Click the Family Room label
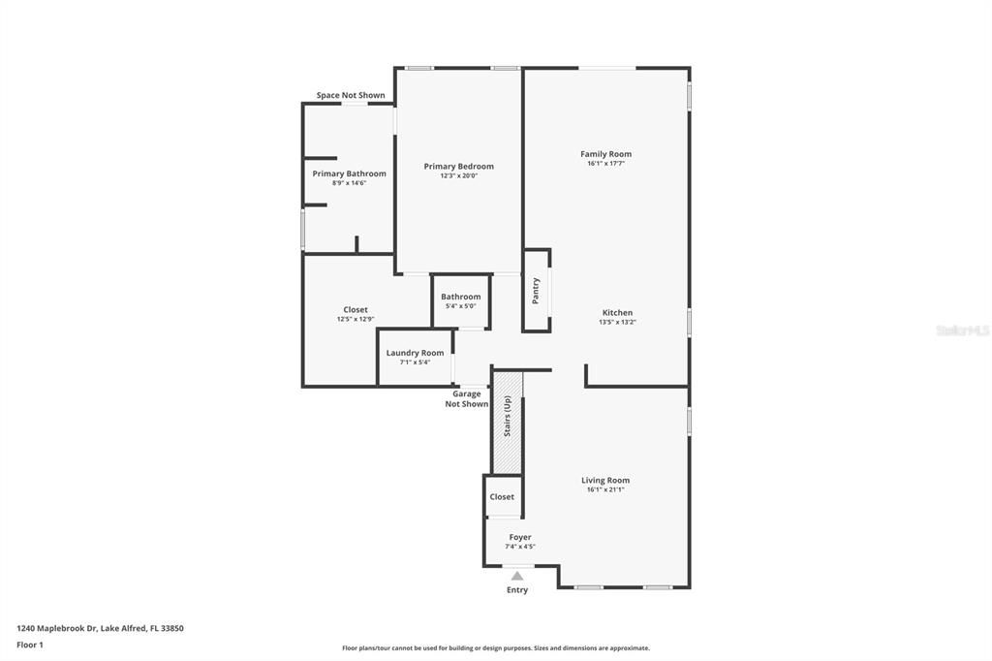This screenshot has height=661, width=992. (x=605, y=154)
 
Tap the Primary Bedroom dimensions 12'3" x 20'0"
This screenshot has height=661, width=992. (x=458, y=175)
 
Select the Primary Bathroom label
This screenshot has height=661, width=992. (x=349, y=173)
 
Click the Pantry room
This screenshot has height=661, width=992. (x=536, y=290)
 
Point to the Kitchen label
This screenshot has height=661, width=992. (x=616, y=312)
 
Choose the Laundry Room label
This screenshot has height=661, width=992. (x=415, y=353)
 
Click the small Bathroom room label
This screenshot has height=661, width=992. (x=460, y=297)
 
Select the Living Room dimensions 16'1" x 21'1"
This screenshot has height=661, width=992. (x=605, y=489)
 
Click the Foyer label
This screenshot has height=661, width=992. (x=520, y=537)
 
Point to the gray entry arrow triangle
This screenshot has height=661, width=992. (x=517, y=576)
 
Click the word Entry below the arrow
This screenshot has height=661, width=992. (x=517, y=589)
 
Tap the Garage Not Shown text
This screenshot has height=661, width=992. (x=467, y=399)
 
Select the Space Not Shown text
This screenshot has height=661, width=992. (x=351, y=95)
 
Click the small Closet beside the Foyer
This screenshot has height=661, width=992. (x=502, y=496)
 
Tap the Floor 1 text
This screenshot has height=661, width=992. (x=30, y=645)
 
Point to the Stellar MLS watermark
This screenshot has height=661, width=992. (x=962, y=330)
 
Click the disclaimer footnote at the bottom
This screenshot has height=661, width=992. (x=495, y=648)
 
